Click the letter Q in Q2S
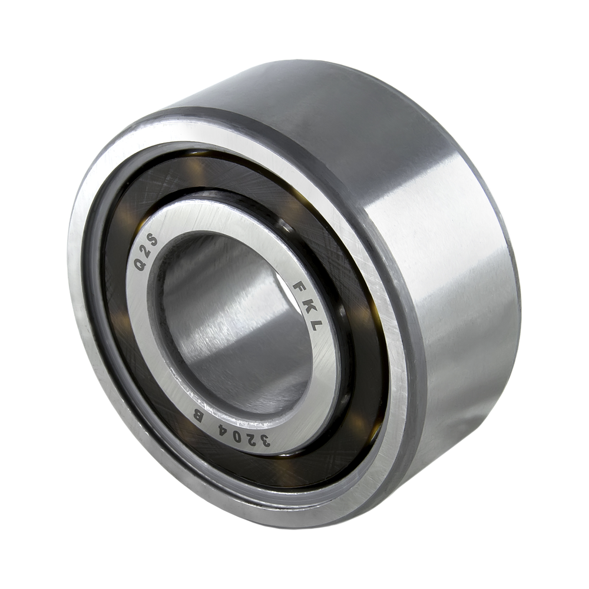pos(141,265)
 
